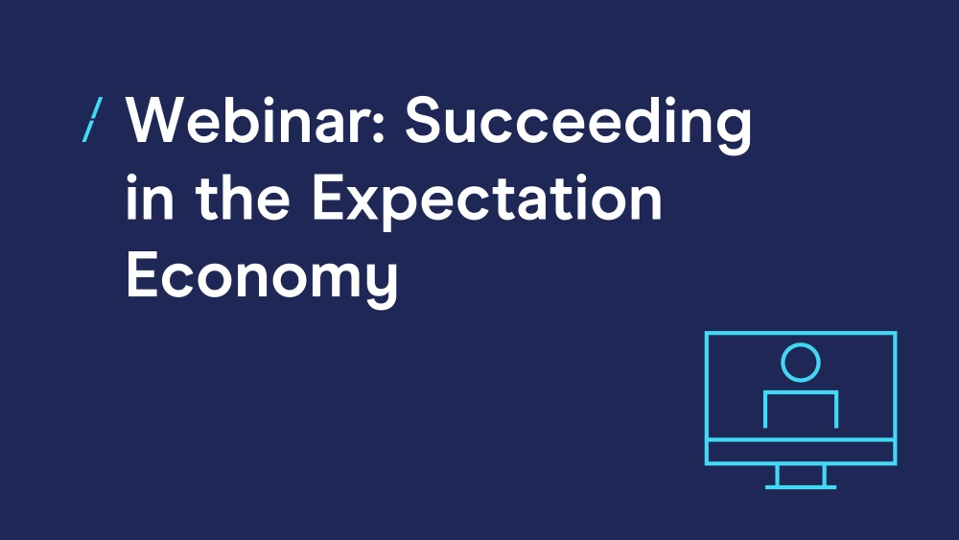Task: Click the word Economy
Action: point(263,278)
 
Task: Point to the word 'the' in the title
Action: point(243,197)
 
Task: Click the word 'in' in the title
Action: point(150,197)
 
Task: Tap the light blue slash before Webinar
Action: point(92,120)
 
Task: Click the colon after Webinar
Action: point(377,126)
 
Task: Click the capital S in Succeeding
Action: point(424,120)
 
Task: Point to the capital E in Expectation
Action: point(328,197)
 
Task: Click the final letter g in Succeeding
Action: point(735,132)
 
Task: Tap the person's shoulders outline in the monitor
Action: point(801,392)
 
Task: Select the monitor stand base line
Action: point(801,487)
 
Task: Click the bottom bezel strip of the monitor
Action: point(801,452)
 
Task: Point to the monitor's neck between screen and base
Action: point(801,475)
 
